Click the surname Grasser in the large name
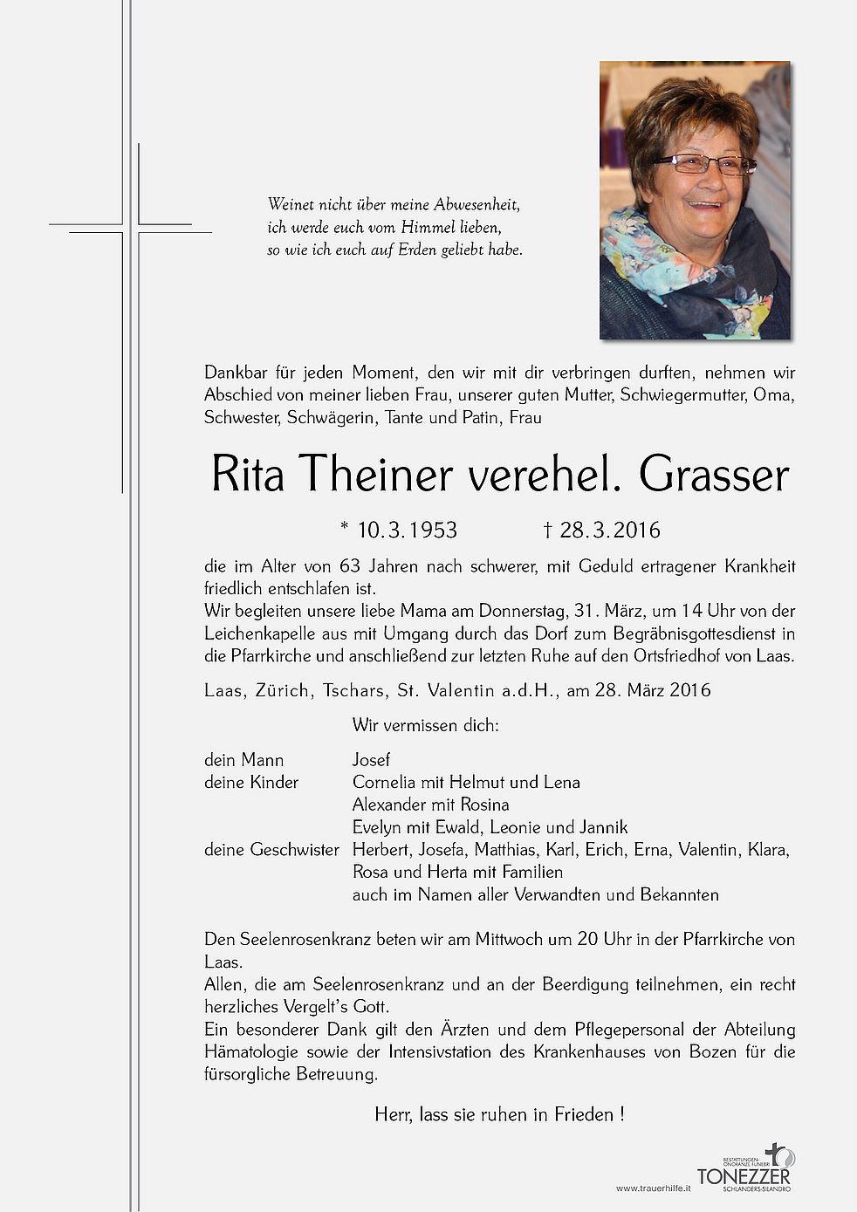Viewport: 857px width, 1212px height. [x=713, y=476]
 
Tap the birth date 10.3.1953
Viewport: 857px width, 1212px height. [x=407, y=530]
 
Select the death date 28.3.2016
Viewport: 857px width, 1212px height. [x=610, y=530]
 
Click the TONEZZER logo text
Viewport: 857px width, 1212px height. [x=743, y=1175]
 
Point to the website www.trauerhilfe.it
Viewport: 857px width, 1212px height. [x=653, y=1188]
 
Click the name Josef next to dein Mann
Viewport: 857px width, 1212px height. [x=371, y=760]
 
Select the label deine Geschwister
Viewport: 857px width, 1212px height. [x=271, y=849]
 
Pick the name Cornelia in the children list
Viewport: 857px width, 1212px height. [x=385, y=782]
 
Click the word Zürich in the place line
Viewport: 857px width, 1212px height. [x=282, y=690]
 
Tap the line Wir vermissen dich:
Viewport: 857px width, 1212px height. [x=425, y=725]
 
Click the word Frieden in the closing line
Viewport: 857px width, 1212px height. [x=585, y=1114]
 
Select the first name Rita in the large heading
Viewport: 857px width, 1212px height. [x=248, y=476]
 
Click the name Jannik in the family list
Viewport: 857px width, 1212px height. [x=603, y=827]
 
